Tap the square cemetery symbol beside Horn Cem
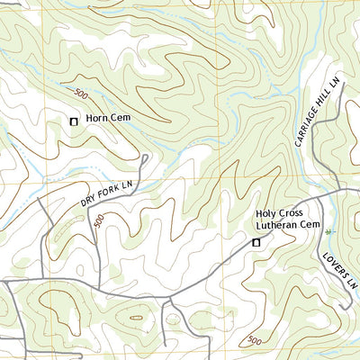tap(74, 120)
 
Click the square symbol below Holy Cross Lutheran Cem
tap(256, 242)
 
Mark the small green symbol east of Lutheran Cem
tap(328, 231)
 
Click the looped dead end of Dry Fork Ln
tap(143, 159)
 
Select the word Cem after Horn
tap(119, 119)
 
